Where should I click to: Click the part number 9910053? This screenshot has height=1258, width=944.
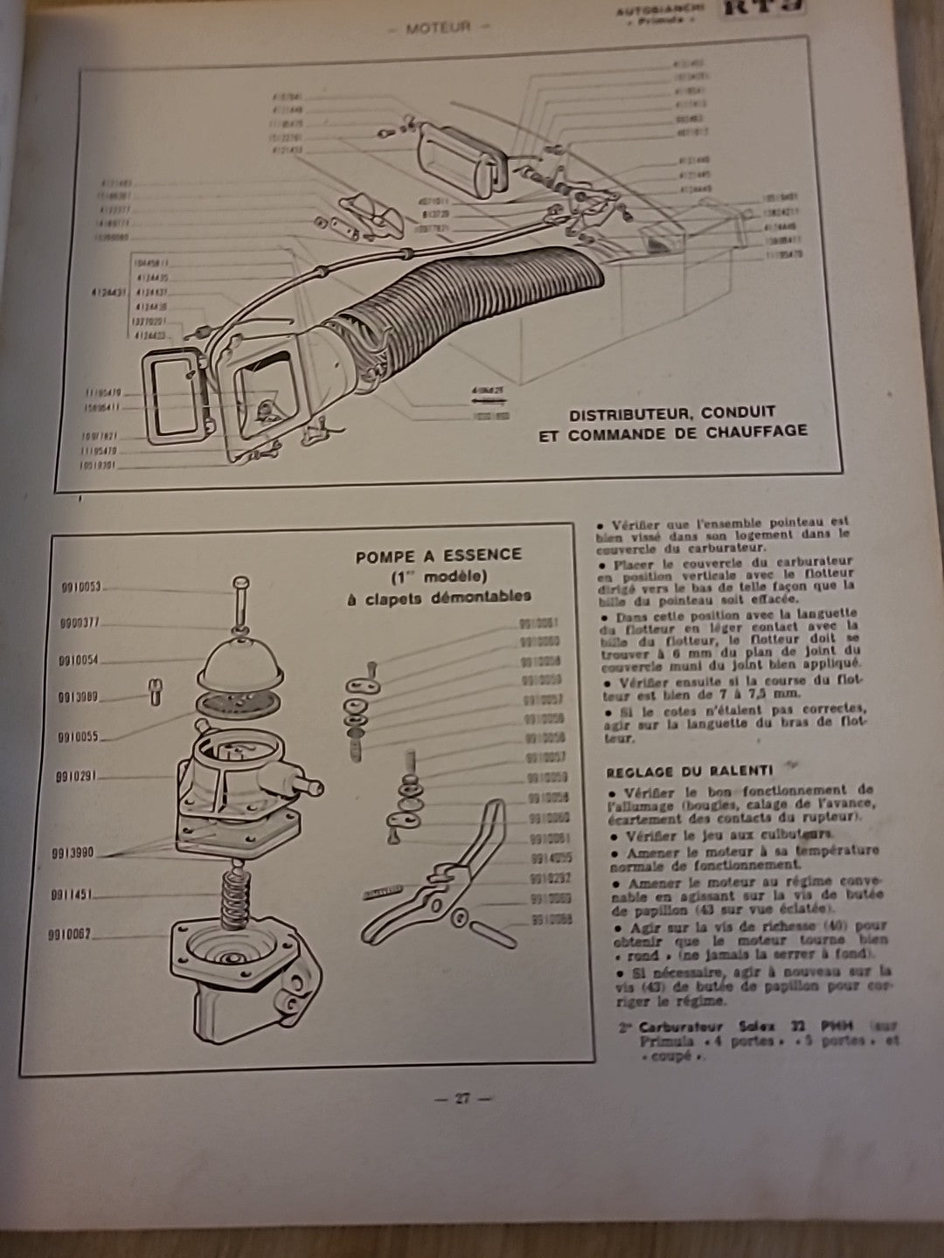pos(80,587)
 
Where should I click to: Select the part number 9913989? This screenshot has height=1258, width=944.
pos(80,697)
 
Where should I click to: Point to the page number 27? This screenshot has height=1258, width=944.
pos(462,1099)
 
